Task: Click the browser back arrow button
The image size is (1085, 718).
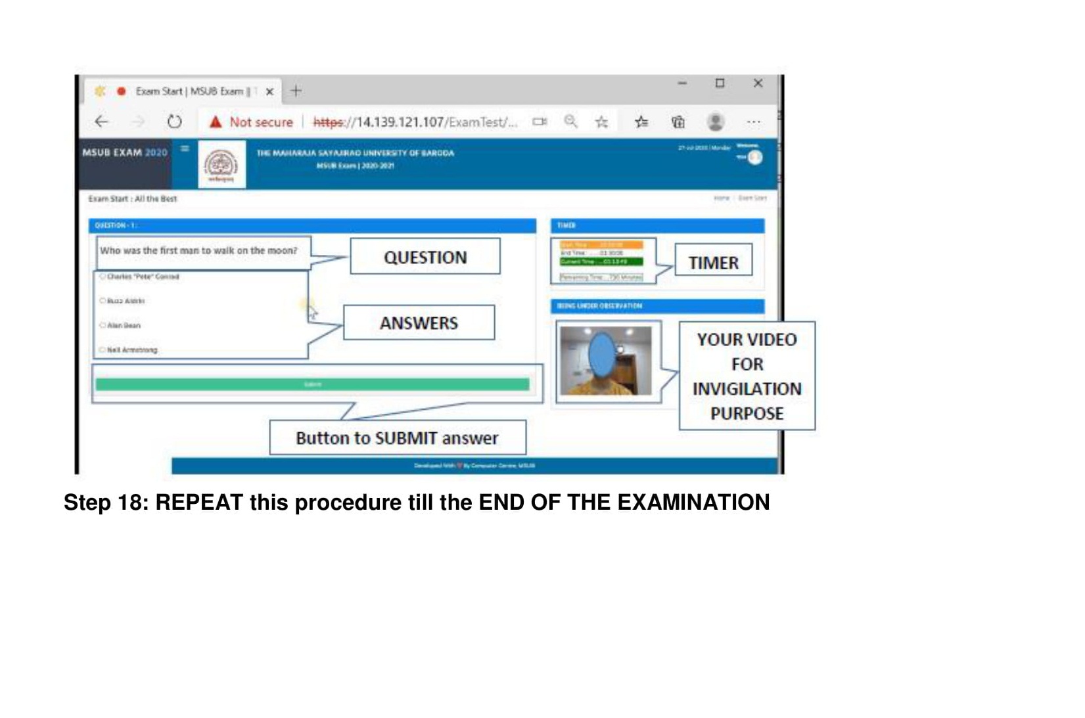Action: coord(101,122)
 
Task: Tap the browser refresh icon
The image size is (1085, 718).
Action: coord(174,122)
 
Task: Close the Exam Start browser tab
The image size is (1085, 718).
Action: coord(269,92)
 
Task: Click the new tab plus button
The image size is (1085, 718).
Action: coord(296,91)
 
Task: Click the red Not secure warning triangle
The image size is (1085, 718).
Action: coord(216,122)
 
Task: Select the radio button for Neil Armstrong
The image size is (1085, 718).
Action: coord(103,350)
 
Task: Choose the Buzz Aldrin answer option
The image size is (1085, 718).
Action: coord(103,301)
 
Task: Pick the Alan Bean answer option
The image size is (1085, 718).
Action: coord(103,325)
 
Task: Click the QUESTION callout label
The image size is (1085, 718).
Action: coord(425,257)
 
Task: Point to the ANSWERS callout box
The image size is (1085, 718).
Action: coord(419,323)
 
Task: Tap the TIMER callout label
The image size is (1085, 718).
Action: coord(713,263)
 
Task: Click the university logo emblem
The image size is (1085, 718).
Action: coord(221,164)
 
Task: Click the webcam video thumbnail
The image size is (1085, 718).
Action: coord(605,361)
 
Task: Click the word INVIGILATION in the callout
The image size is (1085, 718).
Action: coord(747,389)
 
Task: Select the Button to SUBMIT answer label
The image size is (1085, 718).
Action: coord(397,438)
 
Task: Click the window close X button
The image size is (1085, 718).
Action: coord(758,83)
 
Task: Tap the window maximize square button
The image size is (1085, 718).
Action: coord(720,83)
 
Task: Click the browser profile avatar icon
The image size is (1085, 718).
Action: coord(716,122)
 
